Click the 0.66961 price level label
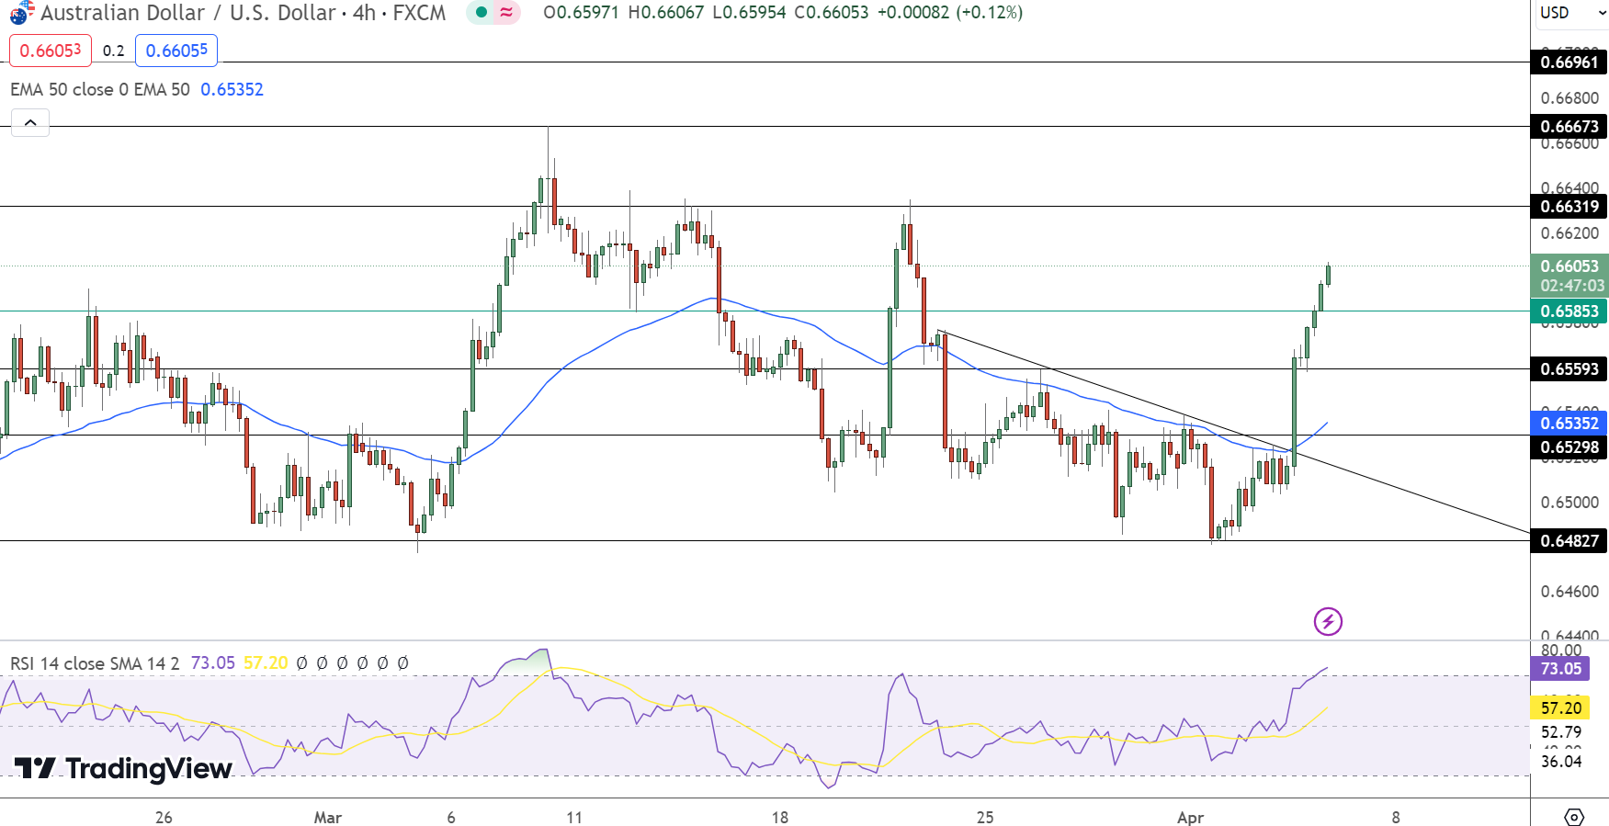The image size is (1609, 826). [1569, 62]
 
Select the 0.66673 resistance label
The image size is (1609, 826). [1569, 127]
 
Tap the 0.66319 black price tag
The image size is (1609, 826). [1569, 207]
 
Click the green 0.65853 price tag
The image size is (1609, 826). [1569, 311]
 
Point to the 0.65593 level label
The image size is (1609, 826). [1569, 369]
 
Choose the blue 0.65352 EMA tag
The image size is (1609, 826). [1569, 424]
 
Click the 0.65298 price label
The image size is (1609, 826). [1569, 447]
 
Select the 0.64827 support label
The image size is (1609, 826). [1569, 541]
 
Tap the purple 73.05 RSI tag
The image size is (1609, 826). [1560, 669]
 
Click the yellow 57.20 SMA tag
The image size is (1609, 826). [1560, 708]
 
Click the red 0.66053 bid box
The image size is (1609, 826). [51, 51]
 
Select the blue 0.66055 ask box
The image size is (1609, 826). [176, 51]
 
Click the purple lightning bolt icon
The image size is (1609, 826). [1328, 622]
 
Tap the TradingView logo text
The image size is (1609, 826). [124, 768]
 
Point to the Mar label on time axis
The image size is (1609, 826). [327, 818]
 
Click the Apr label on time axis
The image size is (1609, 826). [1190, 818]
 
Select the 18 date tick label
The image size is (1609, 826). [779, 818]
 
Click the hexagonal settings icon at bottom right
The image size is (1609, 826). [1573, 817]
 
